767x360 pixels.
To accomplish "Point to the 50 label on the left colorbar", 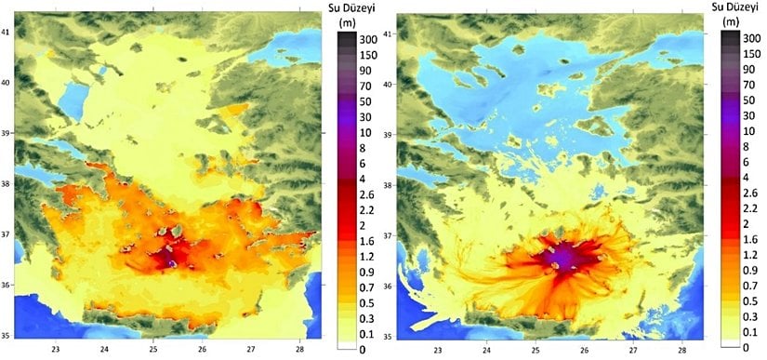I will pos(361,101).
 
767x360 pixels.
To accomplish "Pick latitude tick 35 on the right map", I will pos(389,336).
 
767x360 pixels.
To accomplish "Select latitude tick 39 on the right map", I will pos(389,134).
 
